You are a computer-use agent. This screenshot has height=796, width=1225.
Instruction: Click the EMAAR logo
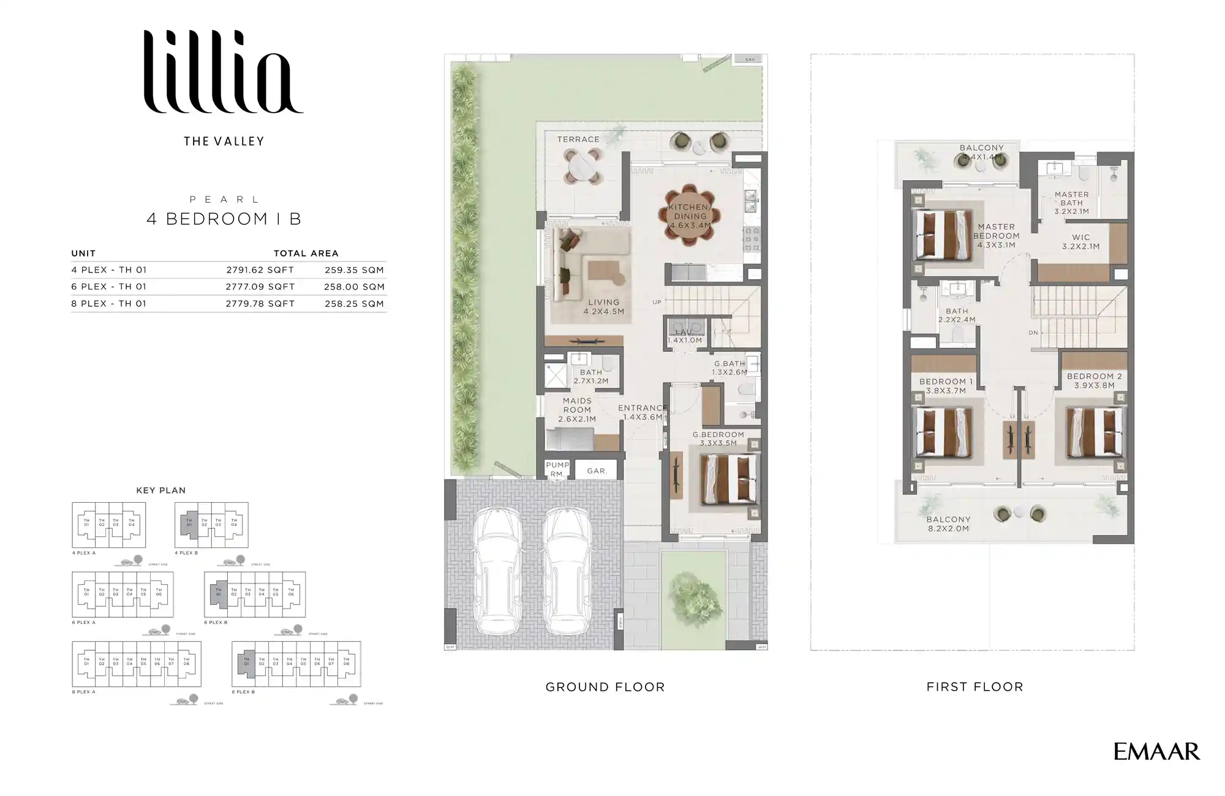click(1156, 751)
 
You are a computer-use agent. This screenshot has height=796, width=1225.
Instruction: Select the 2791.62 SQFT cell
click(260, 270)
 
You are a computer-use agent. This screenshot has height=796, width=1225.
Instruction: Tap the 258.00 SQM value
click(354, 287)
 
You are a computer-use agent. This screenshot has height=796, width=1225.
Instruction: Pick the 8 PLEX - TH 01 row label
click(109, 304)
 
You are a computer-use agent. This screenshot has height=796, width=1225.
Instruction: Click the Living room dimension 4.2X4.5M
click(603, 312)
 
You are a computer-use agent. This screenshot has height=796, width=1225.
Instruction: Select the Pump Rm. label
click(557, 469)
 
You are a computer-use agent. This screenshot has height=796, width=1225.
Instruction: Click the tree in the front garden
click(694, 598)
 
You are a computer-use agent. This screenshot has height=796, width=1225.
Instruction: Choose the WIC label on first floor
click(1080, 238)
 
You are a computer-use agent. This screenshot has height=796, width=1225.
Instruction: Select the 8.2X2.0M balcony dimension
click(948, 528)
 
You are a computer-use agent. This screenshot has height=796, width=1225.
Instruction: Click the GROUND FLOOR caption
click(605, 687)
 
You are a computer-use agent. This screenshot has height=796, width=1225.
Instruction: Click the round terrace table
click(581, 165)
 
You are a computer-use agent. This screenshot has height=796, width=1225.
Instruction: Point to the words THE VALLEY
click(224, 141)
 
